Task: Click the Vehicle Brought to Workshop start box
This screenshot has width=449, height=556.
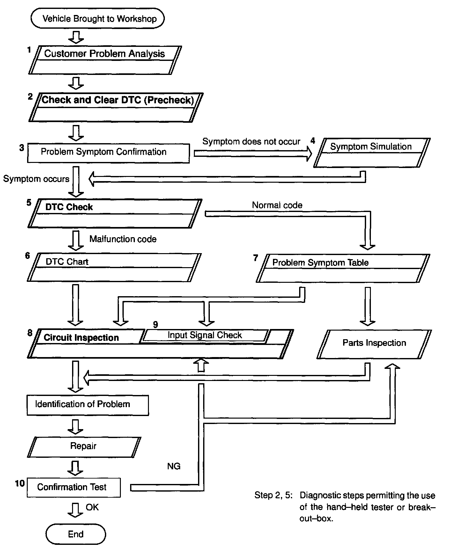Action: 98,18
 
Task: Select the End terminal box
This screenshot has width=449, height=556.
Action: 76,534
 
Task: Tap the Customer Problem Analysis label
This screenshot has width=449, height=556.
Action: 104,54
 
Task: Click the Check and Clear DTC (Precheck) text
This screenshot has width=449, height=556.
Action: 118,100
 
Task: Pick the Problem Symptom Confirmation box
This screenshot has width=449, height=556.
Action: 108,153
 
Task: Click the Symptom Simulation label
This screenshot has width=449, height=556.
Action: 371,147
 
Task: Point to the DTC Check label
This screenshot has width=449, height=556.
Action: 69,207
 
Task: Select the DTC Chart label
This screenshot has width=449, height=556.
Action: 67,262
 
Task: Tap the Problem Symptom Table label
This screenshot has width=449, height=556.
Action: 320,263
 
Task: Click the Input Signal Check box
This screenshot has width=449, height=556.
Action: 204,335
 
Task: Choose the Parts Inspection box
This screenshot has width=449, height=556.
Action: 374,343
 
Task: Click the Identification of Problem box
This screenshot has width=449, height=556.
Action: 88,405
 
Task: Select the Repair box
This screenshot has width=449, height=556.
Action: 84,446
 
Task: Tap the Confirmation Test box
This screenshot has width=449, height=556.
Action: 74,487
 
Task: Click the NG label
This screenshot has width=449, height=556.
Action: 174,466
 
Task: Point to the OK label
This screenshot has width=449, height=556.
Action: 92,507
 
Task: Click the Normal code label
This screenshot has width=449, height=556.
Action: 277,205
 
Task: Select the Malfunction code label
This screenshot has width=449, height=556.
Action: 123,239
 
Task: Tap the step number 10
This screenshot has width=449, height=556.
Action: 20,483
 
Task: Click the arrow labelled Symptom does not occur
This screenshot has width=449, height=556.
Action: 252,154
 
